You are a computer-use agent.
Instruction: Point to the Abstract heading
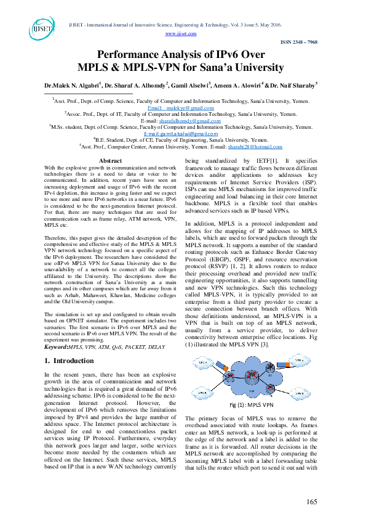[110, 160]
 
